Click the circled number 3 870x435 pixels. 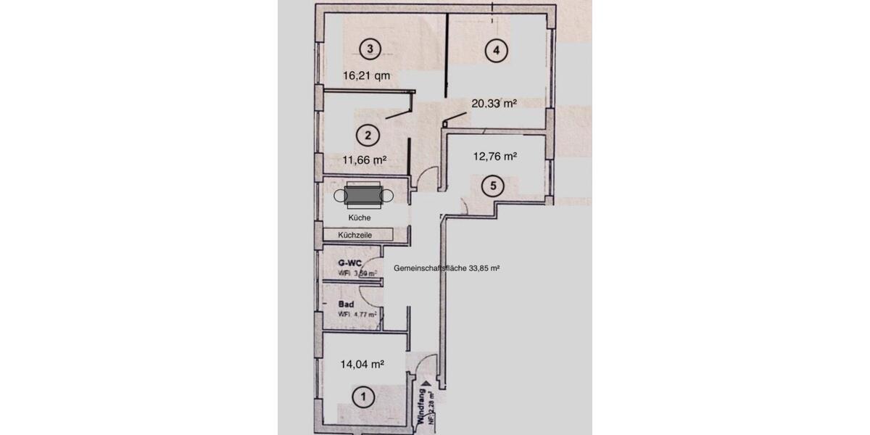point(370,49)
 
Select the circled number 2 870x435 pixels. point(368,134)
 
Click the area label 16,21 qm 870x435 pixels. point(366,75)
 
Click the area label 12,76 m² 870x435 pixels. point(494,156)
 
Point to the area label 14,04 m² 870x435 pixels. point(362,365)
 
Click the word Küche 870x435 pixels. point(360,217)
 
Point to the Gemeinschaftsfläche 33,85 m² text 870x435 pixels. point(447,268)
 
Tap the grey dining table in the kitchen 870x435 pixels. point(362,195)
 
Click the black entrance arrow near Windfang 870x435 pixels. point(427,387)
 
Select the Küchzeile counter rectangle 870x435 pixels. point(357,234)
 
